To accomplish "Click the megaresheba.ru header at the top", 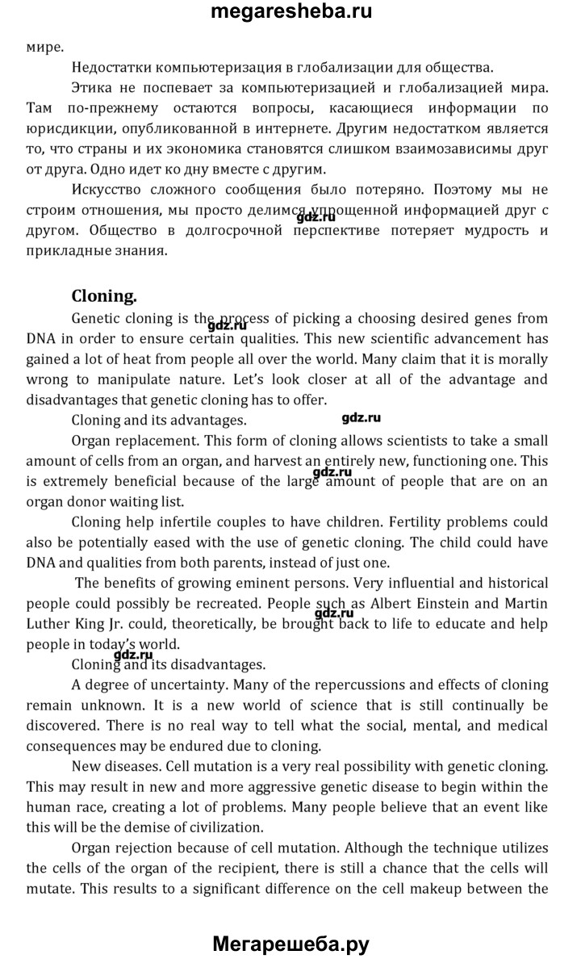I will (x=290, y=12).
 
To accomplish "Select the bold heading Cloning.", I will (x=104, y=295).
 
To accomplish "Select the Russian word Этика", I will (x=92, y=87).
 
